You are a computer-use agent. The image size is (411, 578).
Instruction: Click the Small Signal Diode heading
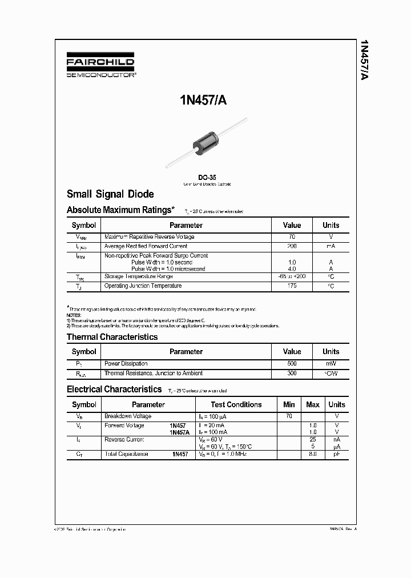(110, 194)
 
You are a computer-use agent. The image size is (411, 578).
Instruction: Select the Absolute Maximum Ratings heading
(119, 210)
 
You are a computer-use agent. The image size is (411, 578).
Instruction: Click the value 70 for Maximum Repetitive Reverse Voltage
(292, 236)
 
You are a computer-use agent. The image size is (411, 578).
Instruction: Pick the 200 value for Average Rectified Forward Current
(292, 246)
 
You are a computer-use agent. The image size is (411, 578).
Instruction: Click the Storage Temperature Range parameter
(139, 276)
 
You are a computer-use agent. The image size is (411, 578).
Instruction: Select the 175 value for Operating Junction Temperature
(292, 286)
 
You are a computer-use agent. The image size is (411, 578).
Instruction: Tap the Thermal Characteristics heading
(112, 337)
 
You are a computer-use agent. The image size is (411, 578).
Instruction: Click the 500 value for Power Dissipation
(292, 363)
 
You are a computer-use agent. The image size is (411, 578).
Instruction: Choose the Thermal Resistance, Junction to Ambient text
(153, 373)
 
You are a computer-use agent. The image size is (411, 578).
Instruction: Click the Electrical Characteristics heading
(114, 390)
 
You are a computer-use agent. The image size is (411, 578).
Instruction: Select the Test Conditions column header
(236, 404)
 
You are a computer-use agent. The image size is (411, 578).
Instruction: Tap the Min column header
(289, 404)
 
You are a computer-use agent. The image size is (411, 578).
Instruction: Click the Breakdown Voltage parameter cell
(128, 416)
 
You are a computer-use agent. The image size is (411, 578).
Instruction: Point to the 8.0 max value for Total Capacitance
(312, 453)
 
